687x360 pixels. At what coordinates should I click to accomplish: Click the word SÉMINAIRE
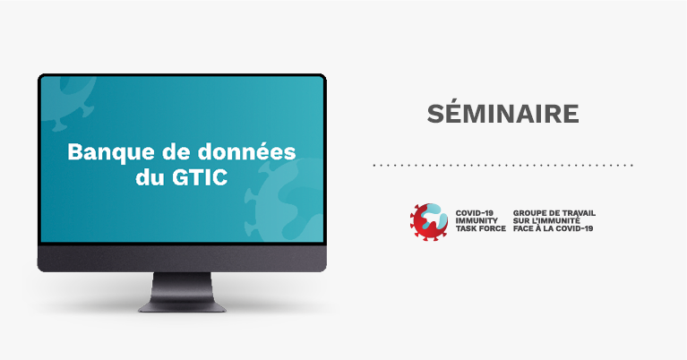[503, 113]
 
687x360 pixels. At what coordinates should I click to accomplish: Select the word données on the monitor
[246, 151]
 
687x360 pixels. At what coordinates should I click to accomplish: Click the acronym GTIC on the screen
[200, 177]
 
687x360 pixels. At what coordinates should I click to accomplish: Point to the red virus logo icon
[429, 221]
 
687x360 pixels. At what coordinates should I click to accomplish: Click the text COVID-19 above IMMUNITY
[474, 213]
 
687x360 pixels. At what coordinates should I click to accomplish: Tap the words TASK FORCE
[481, 228]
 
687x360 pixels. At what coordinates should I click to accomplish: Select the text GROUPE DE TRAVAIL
[554, 213]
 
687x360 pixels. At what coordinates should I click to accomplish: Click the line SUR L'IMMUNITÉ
[546, 220]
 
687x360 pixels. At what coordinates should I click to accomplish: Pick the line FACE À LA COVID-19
[553, 228]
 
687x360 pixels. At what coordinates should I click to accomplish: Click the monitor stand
[182, 292]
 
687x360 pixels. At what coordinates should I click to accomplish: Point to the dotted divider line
[503, 166]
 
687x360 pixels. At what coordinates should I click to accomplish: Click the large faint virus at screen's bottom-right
[285, 201]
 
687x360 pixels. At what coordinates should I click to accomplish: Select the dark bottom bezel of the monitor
[182, 258]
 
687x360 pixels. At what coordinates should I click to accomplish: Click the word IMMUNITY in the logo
[477, 220]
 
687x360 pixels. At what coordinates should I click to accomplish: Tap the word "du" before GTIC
[150, 177]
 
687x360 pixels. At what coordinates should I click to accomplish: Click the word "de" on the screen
[176, 151]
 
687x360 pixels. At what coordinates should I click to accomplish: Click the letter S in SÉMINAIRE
[435, 114]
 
